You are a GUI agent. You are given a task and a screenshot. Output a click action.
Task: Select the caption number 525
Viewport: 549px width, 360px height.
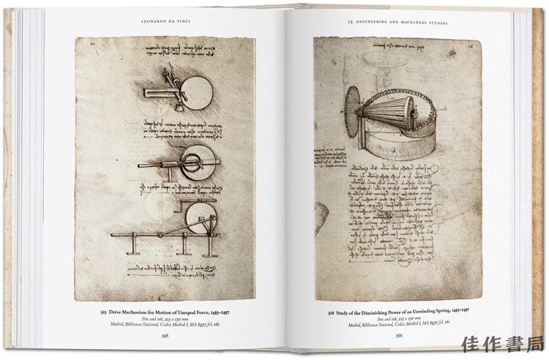[105, 311]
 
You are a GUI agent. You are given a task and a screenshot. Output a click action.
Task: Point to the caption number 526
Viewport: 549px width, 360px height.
[320, 311]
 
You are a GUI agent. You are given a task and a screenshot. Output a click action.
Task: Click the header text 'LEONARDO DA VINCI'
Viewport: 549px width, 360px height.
[165, 22]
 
